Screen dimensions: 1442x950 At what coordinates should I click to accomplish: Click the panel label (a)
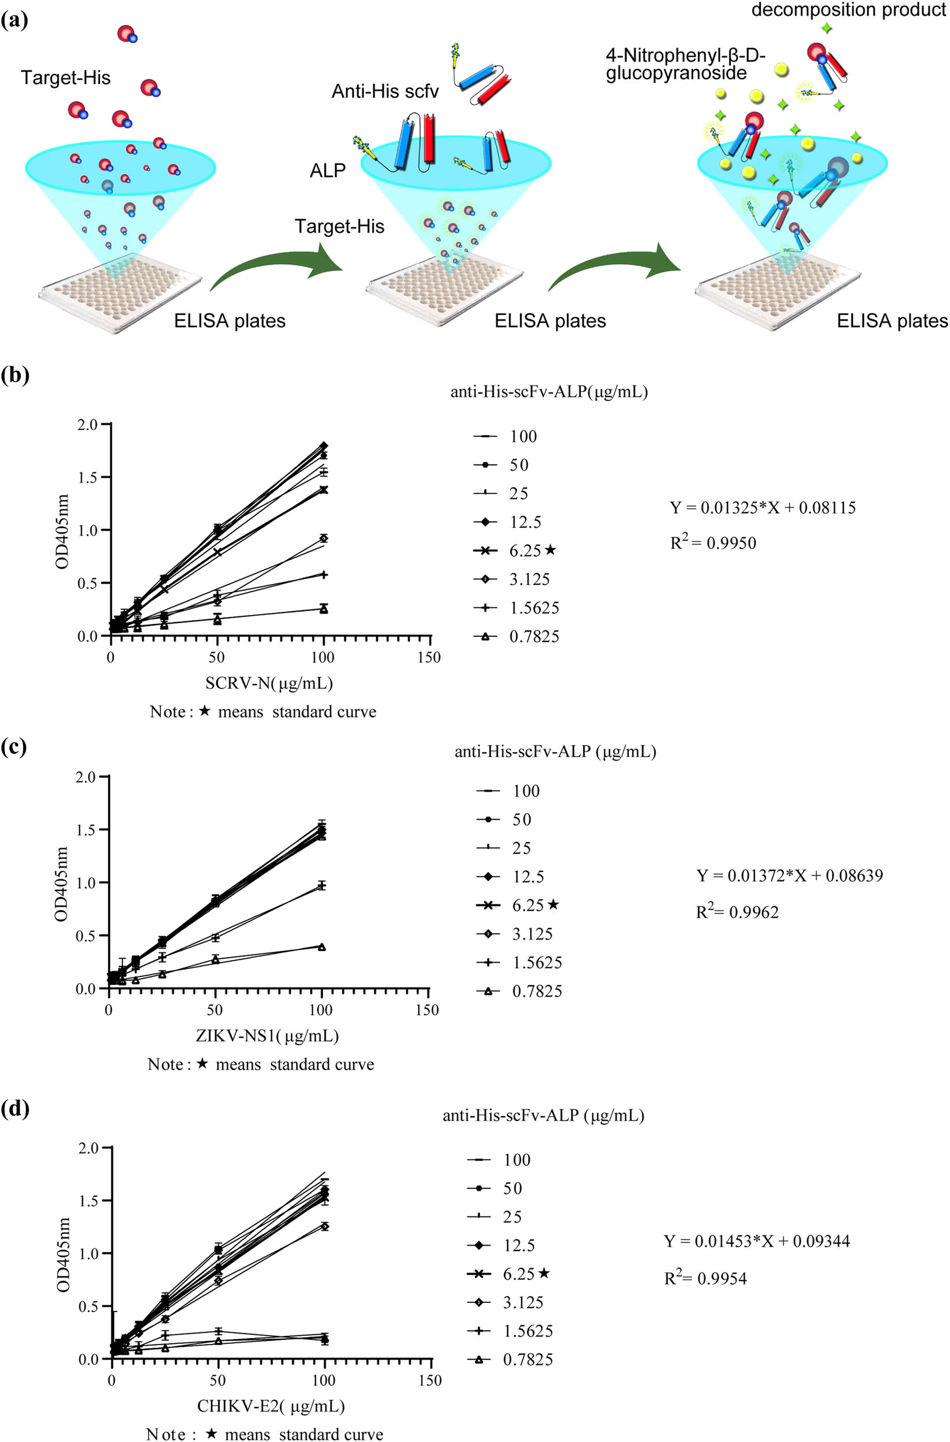point(14,21)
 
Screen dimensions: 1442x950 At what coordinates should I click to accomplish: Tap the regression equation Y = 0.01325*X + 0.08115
point(762,508)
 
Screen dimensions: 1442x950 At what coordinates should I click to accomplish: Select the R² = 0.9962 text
point(737,912)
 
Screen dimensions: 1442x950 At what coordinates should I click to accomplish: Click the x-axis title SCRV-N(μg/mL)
point(269,684)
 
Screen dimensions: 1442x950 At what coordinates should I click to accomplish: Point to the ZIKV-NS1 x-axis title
point(267,1036)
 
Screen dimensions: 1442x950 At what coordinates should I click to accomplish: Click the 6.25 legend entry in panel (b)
point(525,551)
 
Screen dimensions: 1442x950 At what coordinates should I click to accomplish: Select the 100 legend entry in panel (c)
point(526,791)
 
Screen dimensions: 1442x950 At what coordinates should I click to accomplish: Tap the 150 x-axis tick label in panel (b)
point(429,658)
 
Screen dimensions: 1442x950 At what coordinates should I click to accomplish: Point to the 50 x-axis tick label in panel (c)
point(215,1010)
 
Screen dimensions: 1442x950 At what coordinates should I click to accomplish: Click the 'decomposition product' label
point(848,10)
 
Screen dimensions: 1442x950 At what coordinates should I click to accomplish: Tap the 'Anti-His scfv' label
point(385,92)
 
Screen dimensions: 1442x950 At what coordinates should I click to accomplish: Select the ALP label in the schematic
point(327,171)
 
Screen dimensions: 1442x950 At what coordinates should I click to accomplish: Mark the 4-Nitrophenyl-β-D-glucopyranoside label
point(685,64)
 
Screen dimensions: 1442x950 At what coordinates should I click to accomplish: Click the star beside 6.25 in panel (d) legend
point(543,1274)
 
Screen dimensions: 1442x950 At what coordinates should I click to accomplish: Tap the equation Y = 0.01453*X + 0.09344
point(757,1241)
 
